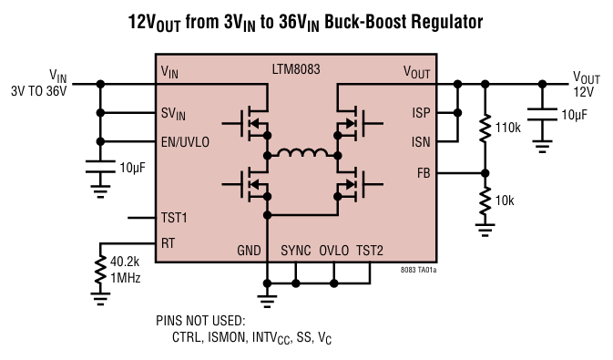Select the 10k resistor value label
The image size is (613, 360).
[507, 199]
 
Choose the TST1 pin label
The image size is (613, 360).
[174, 219]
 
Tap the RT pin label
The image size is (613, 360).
[168, 243]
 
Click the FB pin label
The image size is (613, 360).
[424, 172]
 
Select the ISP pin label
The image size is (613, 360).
[422, 113]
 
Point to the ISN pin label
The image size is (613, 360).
[422, 141]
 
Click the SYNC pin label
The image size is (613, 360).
[297, 251]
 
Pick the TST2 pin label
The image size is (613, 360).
[371, 251]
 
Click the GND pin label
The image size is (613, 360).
[249, 251]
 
